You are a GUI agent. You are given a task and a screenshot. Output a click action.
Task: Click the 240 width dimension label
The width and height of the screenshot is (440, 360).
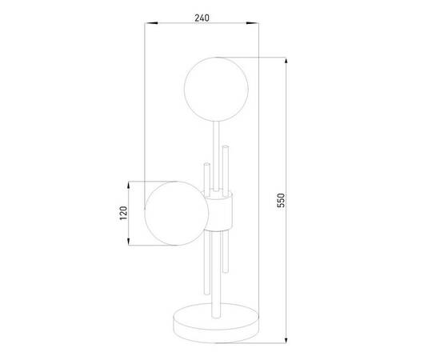202,18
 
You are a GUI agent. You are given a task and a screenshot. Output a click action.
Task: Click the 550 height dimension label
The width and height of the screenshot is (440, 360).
281,200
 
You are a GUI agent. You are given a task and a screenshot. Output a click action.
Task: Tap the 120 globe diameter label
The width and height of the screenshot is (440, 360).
123,213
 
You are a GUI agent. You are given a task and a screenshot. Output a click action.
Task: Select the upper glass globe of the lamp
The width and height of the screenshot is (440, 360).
216,90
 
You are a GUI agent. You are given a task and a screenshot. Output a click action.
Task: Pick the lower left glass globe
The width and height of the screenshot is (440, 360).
177,214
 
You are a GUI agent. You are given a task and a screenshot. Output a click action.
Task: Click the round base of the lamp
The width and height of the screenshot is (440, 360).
215,322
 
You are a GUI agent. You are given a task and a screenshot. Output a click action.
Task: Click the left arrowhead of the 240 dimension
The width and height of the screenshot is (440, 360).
151,23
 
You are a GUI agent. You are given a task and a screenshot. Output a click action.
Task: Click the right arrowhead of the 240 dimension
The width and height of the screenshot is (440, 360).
252,23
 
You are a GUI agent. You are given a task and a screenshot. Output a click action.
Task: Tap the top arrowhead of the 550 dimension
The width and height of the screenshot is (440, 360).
286,64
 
